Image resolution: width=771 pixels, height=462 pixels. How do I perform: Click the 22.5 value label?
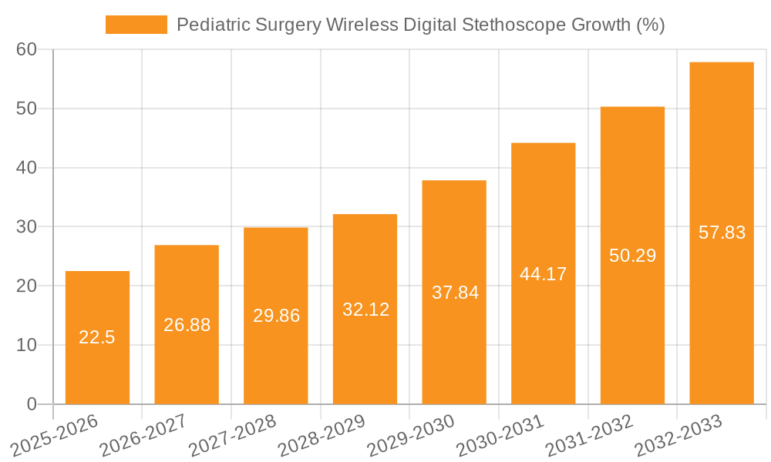(97, 337)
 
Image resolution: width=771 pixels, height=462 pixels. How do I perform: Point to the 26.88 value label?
(187, 325)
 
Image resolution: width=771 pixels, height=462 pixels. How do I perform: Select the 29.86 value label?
(276, 316)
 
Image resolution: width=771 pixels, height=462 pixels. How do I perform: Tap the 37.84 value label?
(454, 293)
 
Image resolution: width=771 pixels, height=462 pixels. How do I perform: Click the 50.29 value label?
(632, 256)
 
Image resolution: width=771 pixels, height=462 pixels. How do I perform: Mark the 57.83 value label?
(722, 233)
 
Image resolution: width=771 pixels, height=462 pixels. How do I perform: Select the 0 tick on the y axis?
(32, 404)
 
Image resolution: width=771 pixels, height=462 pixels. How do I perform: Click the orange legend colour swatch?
(136, 25)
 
